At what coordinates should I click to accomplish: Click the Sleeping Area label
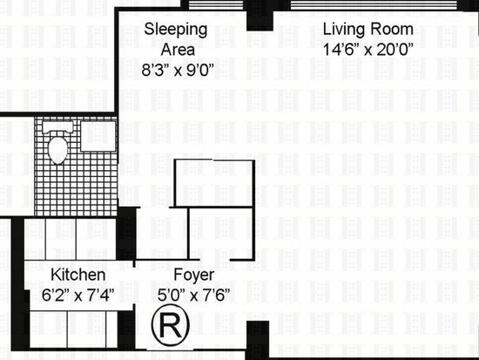(176, 39)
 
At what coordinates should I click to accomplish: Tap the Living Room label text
(368, 30)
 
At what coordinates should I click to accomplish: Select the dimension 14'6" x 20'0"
(368, 50)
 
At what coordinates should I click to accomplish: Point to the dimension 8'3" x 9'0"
(177, 70)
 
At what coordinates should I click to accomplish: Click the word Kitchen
(78, 275)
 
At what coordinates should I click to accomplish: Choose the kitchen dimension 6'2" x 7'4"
(78, 295)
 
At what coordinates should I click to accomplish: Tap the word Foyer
(193, 275)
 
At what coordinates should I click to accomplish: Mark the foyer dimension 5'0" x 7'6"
(193, 295)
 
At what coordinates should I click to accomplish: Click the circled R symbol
(171, 325)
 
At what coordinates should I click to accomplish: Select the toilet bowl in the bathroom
(58, 150)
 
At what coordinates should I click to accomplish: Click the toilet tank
(58, 127)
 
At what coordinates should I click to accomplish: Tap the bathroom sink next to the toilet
(98, 136)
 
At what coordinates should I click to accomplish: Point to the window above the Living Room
(374, 5)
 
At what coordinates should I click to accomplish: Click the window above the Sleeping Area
(216, 4)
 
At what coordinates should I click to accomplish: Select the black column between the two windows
(260, 16)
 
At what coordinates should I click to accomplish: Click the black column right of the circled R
(257, 339)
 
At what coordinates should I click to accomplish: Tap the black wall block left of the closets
(126, 234)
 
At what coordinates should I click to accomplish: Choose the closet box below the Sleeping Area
(214, 183)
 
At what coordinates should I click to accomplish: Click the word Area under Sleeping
(178, 50)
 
